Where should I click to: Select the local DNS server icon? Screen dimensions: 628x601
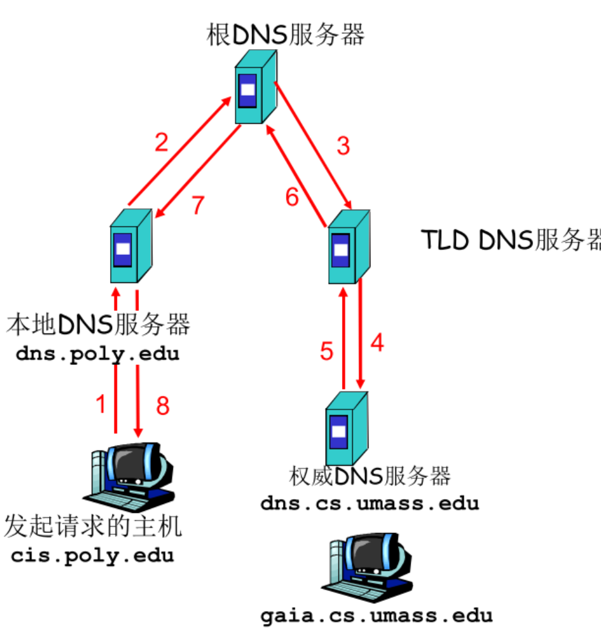(130, 246)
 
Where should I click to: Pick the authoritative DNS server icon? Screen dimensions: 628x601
(345, 427)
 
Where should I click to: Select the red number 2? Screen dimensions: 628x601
(162, 143)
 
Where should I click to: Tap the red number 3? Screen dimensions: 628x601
(343, 146)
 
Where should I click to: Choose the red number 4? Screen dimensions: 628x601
(377, 343)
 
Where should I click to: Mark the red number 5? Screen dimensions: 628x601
(326, 351)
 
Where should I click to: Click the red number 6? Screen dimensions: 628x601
(292, 198)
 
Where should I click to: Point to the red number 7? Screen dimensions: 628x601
(198, 206)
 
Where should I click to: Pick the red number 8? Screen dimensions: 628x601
(163, 407)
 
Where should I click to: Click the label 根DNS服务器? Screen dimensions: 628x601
(285, 35)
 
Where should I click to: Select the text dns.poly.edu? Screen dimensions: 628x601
(97, 354)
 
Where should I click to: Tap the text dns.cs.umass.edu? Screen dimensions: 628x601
(370, 503)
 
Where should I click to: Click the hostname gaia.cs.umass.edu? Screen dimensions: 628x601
(377, 615)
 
